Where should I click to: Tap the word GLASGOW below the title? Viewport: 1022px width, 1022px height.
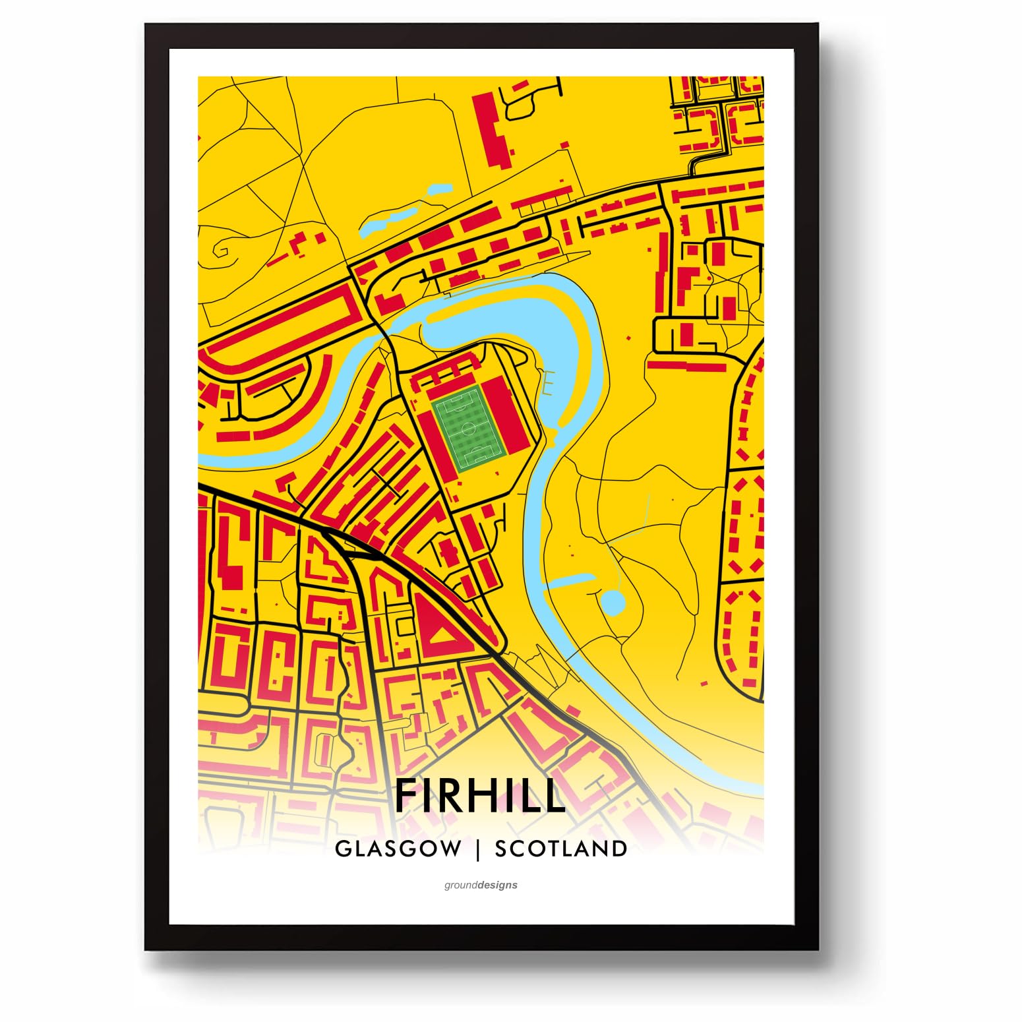pos(398,849)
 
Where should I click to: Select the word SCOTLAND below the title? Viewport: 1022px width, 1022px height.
pos(560,849)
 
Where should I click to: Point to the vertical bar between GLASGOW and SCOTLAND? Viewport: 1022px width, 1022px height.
pos(478,849)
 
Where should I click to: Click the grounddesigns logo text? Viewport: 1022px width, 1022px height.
pos(481,885)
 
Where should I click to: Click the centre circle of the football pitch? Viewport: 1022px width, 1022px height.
pos(469,429)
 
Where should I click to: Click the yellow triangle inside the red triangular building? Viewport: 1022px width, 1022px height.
pos(440,635)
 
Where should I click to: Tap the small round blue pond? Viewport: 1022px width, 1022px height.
pos(612,601)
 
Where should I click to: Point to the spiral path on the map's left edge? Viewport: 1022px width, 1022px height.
pos(222,251)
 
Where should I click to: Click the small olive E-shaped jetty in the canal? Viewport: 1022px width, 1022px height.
pos(547,382)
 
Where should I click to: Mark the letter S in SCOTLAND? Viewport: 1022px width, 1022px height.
pos(502,849)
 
